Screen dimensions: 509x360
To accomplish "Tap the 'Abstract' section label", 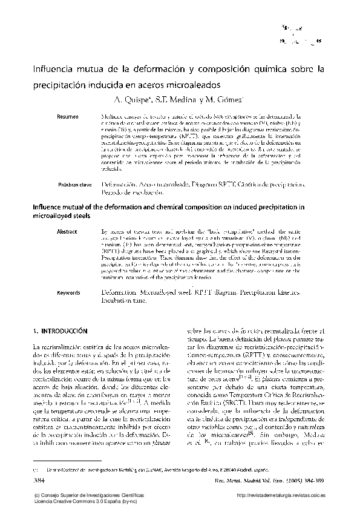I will [x=67, y=231].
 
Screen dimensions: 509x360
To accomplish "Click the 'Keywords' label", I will [x=68, y=292].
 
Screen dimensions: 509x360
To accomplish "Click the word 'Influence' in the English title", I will [x=46, y=208].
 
